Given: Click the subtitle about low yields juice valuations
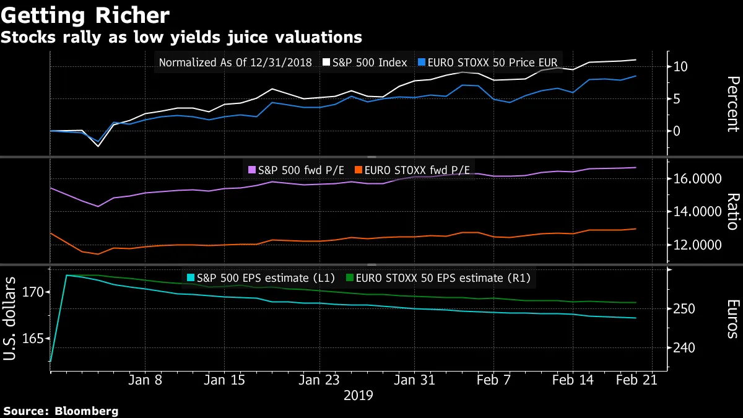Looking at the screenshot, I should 181,37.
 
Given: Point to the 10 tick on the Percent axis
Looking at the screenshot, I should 681,66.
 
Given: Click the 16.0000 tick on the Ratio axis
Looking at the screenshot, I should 698,179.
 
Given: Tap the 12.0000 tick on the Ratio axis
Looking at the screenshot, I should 698,245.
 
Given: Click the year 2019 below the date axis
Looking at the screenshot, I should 358,394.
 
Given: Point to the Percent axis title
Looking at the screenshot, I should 732,104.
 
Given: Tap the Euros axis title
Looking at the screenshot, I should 732,318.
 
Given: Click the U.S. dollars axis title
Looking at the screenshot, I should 11,319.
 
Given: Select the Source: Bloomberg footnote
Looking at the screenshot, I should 61,411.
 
